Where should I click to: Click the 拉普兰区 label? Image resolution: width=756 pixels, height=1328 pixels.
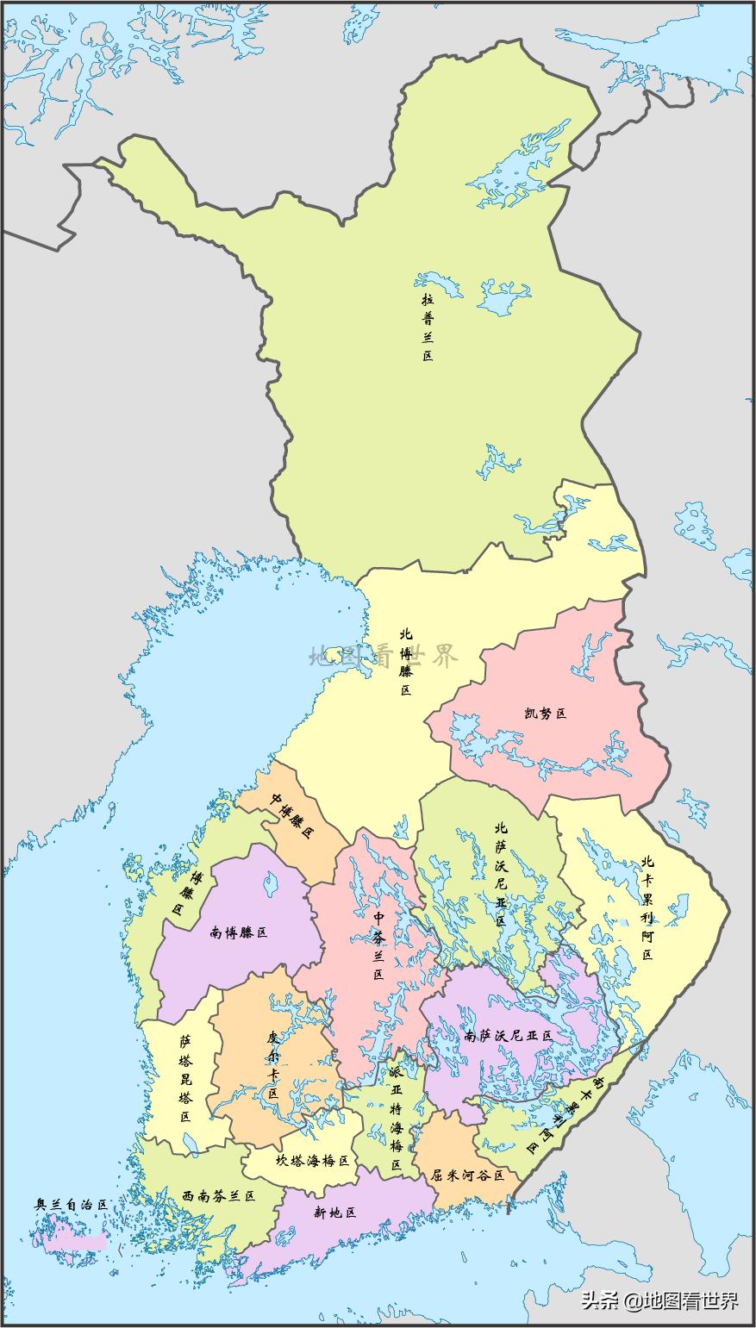coord(428,327)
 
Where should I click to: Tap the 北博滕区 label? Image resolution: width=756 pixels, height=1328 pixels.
coord(405,662)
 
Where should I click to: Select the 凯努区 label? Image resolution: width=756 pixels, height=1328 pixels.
coord(545,714)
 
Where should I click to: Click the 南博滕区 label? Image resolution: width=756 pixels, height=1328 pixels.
coord(239,932)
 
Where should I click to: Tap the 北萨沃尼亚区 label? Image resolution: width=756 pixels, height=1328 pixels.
coord(500,873)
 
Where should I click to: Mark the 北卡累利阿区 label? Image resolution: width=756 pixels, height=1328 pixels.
coord(647,908)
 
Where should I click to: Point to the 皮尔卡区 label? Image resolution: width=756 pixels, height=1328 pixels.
coord(273,1064)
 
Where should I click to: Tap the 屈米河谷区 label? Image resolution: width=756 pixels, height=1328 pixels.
coord(467,1174)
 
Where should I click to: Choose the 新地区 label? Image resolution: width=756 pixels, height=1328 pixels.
coord(334,1213)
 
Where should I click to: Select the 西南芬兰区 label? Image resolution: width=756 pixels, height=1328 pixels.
coord(219,1196)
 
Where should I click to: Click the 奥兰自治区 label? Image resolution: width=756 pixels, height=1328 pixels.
coord(71,1205)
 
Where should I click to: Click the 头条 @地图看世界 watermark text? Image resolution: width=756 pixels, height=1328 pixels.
coord(660,1300)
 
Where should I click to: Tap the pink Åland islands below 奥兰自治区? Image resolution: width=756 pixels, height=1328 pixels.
coord(73,1242)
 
